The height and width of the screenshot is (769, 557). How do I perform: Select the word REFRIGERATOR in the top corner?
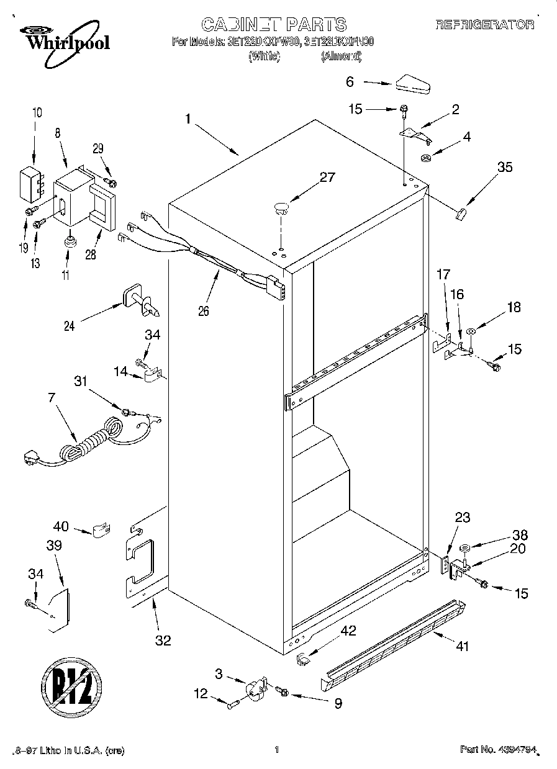[484, 25]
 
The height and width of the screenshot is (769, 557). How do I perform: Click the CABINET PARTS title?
[273, 24]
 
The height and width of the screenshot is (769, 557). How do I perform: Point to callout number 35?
[505, 167]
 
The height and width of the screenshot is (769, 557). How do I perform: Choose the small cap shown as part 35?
[461, 215]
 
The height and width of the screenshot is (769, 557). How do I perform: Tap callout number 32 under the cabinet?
[163, 641]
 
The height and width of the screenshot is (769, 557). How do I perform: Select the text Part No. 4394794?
[497, 750]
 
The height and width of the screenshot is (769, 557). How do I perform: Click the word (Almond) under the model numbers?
[341, 56]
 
